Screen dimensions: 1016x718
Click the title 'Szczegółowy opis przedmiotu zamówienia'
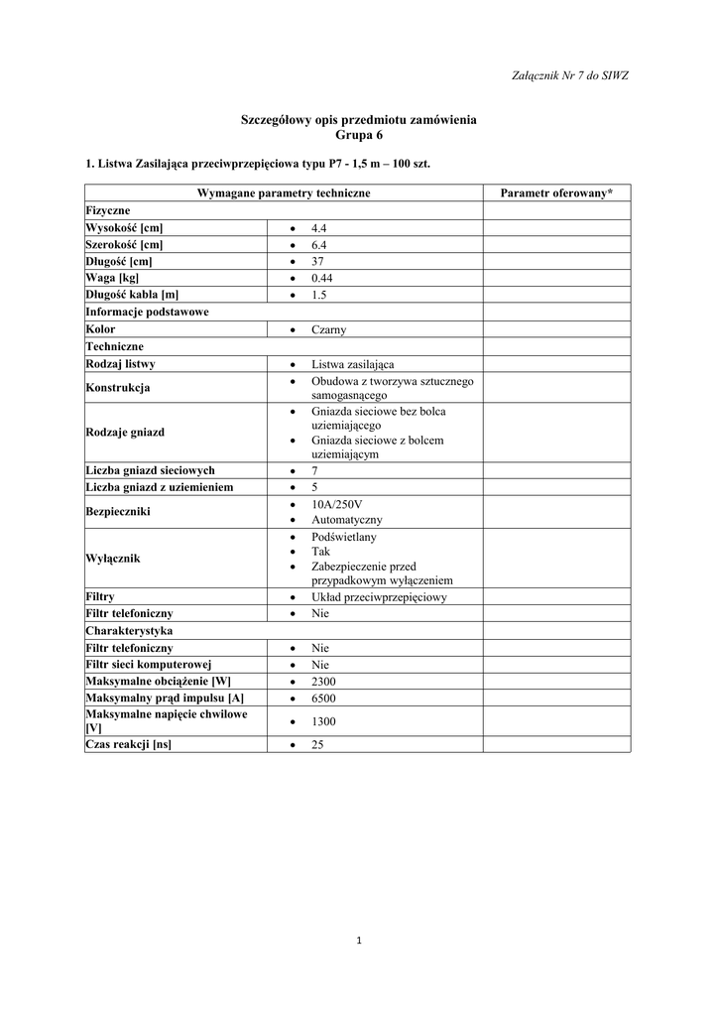pyautogui.click(x=358, y=120)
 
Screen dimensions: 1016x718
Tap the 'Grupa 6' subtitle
pyautogui.click(x=358, y=135)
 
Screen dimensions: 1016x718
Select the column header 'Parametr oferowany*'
pyautogui.click(x=556, y=191)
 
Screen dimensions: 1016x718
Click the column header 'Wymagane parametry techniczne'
pyautogui.click(x=284, y=191)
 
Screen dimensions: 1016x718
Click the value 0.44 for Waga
pyautogui.click(x=321, y=279)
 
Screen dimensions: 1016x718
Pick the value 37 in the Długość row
pyautogui.click(x=317, y=262)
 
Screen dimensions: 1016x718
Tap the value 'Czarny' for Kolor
pyautogui.click(x=328, y=329)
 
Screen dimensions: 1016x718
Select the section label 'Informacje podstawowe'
pyautogui.click(x=147, y=312)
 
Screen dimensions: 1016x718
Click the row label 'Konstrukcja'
pyautogui.click(x=118, y=388)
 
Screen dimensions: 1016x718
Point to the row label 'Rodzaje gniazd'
pyautogui.click(x=125, y=433)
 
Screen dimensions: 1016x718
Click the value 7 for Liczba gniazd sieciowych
pyautogui.click(x=314, y=470)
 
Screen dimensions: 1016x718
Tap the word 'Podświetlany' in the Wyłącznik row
pyautogui.click(x=343, y=537)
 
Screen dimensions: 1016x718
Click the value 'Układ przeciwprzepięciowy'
pyautogui.click(x=379, y=597)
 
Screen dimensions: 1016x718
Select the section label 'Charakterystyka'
pyautogui.click(x=130, y=630)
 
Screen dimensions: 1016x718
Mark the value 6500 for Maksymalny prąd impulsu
pyautogui.click(x=323, y=698)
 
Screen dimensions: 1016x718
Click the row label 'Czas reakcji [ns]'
pyautogui.click(x=128, y=744)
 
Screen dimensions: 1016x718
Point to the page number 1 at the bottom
pyautogui.click(x=358, y=940)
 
